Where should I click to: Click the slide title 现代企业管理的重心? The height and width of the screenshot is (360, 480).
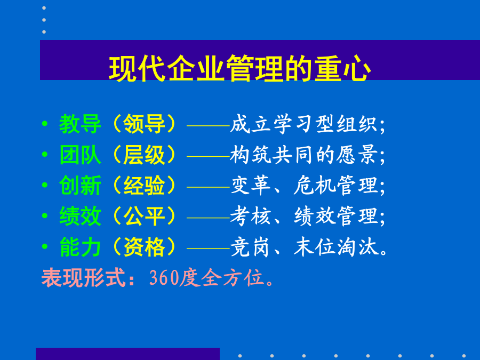click(x=239, y=68)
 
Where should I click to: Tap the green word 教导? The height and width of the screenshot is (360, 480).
click(x=80, y=124)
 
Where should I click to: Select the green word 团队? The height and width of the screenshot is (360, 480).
click(x=80, y=155)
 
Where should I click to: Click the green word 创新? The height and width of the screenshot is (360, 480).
click(x=80, y=186)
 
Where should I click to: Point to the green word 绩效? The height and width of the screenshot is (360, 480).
click(x=80, y=216)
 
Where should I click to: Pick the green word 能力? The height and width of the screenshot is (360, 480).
click(x=80, y=247)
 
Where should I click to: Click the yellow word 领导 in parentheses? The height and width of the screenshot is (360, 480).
click(x=144, y=124)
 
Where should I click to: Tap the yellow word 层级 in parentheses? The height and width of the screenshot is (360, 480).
click(x=144, y=155)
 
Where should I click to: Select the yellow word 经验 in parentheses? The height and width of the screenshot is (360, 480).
click(x=144, y=186)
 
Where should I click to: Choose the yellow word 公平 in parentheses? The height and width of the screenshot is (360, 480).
click(x=144, y=216)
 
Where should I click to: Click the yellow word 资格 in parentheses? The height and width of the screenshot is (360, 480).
click(x=144, y=247)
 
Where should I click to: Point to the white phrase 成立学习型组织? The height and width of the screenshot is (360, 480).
click(x=303, y=124)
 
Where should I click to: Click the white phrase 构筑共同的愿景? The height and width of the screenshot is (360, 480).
click(x=303, y=155)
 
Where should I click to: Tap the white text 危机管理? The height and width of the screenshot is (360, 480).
click(x=335, y=186)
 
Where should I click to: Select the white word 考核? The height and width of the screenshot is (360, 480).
click(x=250, y=216)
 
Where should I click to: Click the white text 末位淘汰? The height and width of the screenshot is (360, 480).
click(x=335, y=247)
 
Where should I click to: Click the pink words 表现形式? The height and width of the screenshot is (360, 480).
click(x=83, y=278)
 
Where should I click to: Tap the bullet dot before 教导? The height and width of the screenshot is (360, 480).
click(x=45, y=124)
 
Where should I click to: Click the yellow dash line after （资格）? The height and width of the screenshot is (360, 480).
click(x=208, y=248)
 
